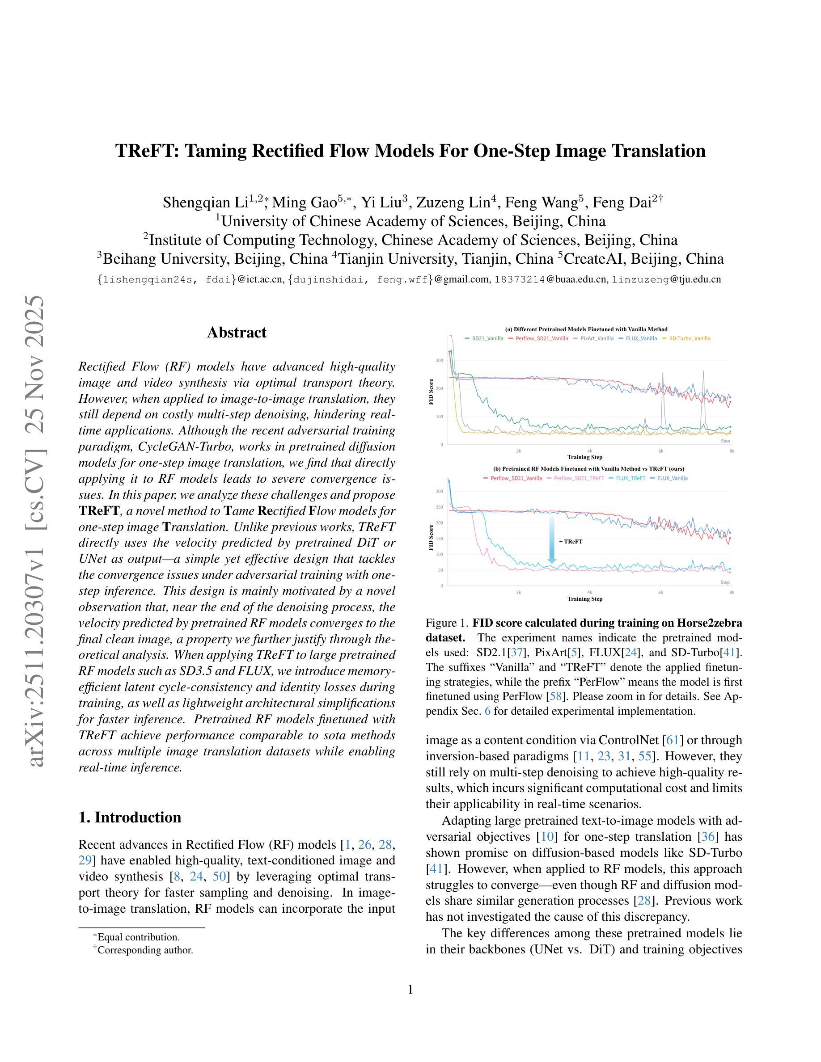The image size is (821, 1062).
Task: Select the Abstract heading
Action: [x=237, y=333]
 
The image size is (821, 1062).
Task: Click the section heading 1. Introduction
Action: [x=129, y=818]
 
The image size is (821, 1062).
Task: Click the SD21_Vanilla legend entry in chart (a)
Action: [x=487, y=338]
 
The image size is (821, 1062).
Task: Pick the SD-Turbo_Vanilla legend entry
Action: [x=689, y=338]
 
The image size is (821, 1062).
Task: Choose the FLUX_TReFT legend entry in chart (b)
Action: [x=631, y=478]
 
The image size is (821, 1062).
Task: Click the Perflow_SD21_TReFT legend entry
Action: [x=578, y=478]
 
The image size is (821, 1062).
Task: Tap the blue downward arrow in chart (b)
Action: [x=551, y=540]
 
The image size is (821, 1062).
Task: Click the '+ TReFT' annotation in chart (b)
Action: [x=571, y=541]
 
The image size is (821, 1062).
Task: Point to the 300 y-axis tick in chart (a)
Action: [x=439, y=360]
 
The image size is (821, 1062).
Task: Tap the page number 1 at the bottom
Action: [x=410, y=990]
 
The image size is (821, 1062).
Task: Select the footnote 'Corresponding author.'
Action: [x=145, y=950]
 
